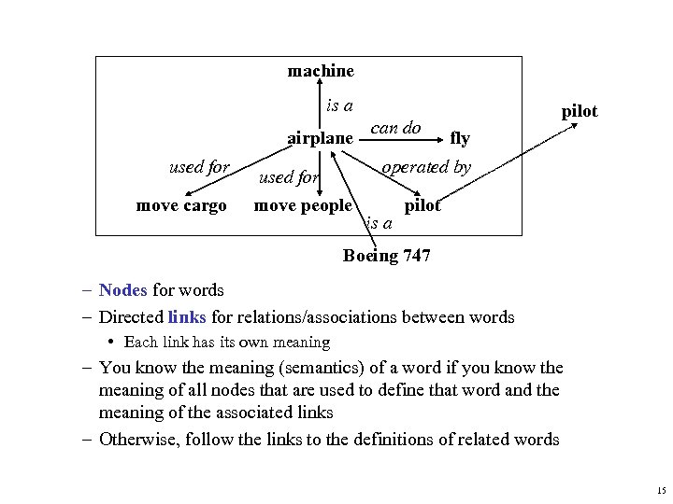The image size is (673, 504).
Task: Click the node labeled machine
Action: point(321,71)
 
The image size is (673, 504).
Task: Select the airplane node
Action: point(320,138)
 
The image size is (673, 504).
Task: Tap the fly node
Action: point(460,138)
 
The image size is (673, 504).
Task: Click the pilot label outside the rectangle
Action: point(579,111)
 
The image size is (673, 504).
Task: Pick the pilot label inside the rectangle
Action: point(422,205)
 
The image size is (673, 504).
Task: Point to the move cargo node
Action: point(181,205)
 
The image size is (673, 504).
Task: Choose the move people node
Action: point(304,205)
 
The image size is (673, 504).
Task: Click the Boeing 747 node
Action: point(387,255)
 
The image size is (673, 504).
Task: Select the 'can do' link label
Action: point(396,127)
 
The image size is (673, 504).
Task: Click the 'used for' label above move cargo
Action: point(199,167)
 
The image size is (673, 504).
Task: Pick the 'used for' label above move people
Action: point(288,176)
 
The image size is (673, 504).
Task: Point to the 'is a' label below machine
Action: point(339,105)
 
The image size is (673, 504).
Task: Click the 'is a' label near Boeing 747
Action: point(379,223)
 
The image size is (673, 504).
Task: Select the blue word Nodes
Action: point(122,290)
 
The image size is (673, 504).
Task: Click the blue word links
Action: point(187,316)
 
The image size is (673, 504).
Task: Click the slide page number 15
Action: point(661,490)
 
